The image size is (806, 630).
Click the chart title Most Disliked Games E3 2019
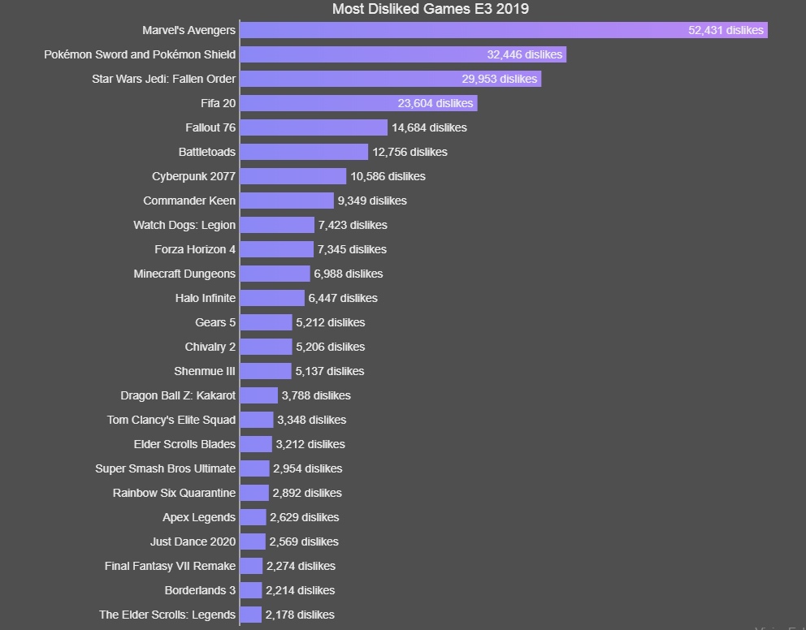pyautogui.click(x=431, y=9)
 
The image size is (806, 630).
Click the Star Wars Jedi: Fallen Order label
pyautogui.click(x=163, y=79)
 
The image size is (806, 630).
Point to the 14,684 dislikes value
pyautogui.click(x=429, y=127)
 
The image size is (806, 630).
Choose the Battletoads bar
pyautogui.click(x=304, y=152)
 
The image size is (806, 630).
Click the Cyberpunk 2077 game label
pyautogui.click(x=193, y=176)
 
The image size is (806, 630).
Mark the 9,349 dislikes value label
pyautogui.click(x=372, y=201)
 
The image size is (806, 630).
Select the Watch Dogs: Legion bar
pyautogui.click(x=277, y=225)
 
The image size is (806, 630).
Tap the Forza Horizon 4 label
pyautogui.click(x=195, y=249)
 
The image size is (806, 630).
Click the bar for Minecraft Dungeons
pyautogui.click(x=275, y=274)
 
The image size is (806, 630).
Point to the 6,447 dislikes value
pyautogui.click(x=343, y=298)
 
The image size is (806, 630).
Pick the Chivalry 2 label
pyautogui.click(x=210, y=347)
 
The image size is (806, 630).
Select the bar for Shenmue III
pyautogui.click(x=266, y=371)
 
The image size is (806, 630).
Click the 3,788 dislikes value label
pyautogui.click(x=316, y=395)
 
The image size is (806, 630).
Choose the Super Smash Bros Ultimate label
pyautogui.click(x=165, y=468)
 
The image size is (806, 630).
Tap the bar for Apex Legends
pyautogui.click(x=253, y=517)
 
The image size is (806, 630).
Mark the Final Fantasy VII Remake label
pyautogui.click(x=170, y=566)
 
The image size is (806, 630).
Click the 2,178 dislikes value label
pyautogui.click(x=300, y=615)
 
